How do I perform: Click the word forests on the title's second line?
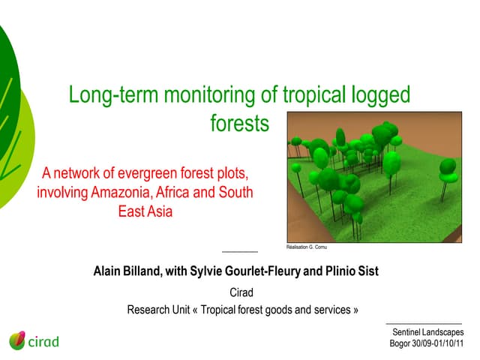(x=238, y=123)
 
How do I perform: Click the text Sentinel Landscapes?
(x=427, y=331)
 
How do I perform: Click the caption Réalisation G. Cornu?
(x=307, y=247)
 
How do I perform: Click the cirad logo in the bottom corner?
(x=34, y=341)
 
